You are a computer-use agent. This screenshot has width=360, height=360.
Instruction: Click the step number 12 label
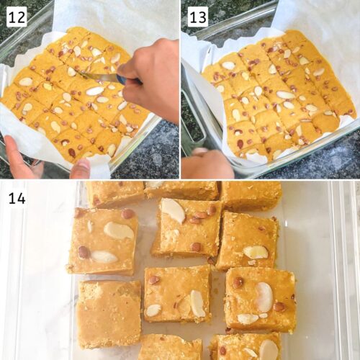click(x=17, y=17)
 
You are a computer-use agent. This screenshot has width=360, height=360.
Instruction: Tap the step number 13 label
click(x=198, y=17)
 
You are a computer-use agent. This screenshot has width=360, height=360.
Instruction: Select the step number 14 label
click(x=17, y=199)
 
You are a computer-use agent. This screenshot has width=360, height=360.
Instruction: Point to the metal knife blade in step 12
click(x=99, y=77)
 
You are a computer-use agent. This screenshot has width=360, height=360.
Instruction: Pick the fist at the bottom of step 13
click(x=207, y=164)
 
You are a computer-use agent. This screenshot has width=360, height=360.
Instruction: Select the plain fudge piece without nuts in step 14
click(x=109, y=315)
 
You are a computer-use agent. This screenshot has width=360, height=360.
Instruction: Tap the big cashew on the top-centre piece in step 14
click(x=174, y=211)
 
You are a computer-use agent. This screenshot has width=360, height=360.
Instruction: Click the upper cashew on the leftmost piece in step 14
click(x=119, y=230)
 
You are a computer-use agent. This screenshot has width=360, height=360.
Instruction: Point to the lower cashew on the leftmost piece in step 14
click(x=104, y=257)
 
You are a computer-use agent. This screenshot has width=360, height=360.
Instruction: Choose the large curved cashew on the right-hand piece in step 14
click(x=264, y=297)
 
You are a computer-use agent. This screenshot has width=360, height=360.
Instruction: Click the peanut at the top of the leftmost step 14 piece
click(x=127, y=214)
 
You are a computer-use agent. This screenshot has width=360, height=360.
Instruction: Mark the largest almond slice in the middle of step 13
click(x=286, y=95)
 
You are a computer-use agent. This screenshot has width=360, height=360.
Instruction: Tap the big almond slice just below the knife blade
click(x=95, y=91)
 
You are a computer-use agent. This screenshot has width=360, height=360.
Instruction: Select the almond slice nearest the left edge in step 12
click(x=26, y=81)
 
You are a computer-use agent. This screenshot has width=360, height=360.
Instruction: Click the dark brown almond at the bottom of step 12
click(x=71, y=152)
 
